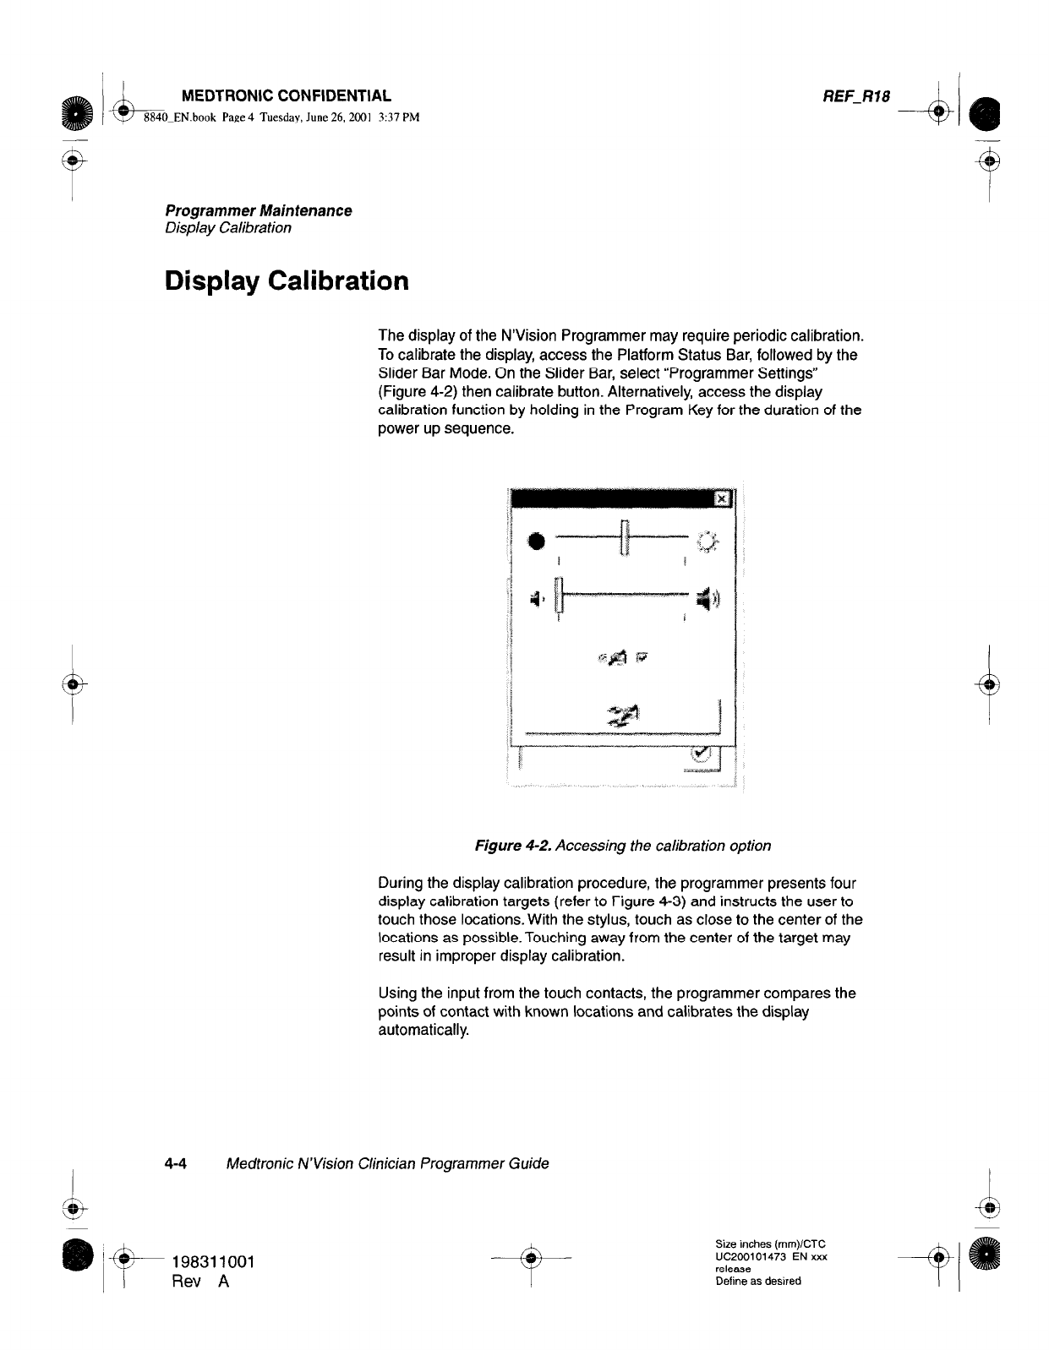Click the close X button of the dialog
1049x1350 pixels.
click(x=722, y=499)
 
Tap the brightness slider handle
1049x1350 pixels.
click(x=624, y=538)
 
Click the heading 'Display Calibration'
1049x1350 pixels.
click(x=287, y=280)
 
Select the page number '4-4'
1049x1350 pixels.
click(x=176, y=1163)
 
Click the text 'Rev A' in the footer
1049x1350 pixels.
click(x=200, y=1282)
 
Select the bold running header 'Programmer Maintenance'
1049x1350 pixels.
click(x=258, y=210)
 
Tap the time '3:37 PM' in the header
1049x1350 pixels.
click(x=398, y=117)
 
